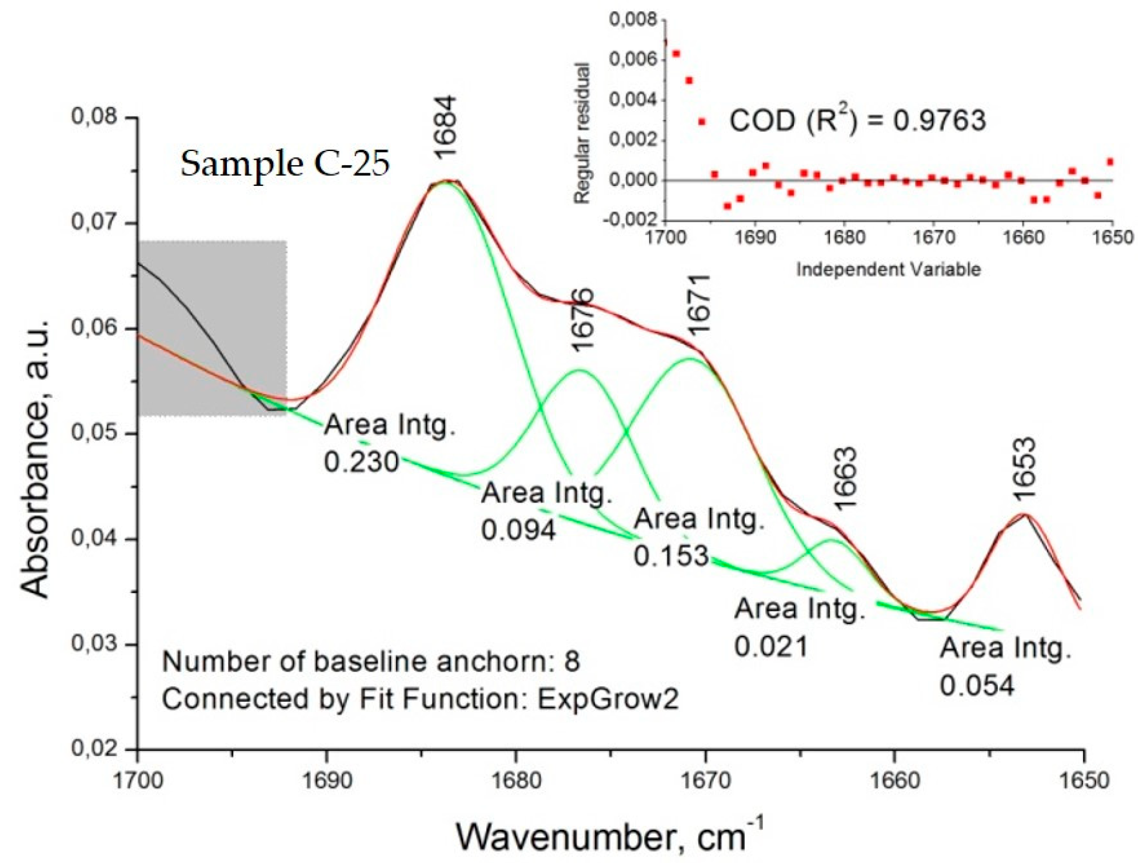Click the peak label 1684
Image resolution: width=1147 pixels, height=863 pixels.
pyautogui.click(x=445, y=127)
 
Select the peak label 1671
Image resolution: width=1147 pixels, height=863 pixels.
pyautogui.click(x=698, y=305)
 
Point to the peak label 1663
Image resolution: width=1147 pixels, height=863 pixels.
pyautogui.click(x=845, y=478)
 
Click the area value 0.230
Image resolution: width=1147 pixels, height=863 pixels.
pyautogui.click(x=361, y=462)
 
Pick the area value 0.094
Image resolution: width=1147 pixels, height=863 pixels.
pyautogui.click(x=518, y=530)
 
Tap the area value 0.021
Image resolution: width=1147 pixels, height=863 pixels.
pyautogui.click(x=771, y=646)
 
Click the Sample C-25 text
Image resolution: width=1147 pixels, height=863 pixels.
pyautogui.click(x=285, y=164)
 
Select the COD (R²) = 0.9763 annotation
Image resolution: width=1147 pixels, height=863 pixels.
pyautogui.click(x=857, y=120)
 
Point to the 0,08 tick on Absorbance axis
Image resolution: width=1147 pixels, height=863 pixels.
pyautogui.click(x=94, y=117)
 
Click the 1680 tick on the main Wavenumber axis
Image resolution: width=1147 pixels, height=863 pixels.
pyautogui.click(x=517, y=780)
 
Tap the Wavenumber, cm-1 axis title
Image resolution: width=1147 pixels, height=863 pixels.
pyautogui.click(x=609, y=836)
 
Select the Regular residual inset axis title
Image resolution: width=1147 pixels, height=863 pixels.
pyautogui.click(x=582, y=133)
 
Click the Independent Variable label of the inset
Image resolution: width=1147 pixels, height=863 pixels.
pyautogui.click(x=888, y=269)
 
